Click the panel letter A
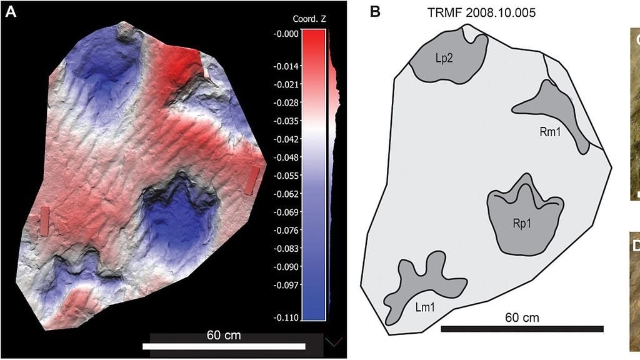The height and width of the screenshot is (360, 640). pos(11,12)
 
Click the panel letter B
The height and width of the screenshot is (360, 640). pos(376,11)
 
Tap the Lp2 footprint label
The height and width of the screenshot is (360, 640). pos(444,57)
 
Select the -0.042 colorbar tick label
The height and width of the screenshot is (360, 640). pos(286,141)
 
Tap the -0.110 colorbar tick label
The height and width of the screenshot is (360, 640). pos(286,317)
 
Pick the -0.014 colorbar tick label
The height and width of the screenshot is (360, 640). pos(286,66)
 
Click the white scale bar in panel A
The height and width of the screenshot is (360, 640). pos(224,346)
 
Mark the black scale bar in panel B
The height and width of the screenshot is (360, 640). pos(522,329)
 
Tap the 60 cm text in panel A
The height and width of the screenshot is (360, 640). pos(223,336)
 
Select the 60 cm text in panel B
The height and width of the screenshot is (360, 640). pos(522,318)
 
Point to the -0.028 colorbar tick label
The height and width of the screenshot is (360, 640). pos(286,102)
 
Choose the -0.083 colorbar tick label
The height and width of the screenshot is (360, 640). pos(286,249)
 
